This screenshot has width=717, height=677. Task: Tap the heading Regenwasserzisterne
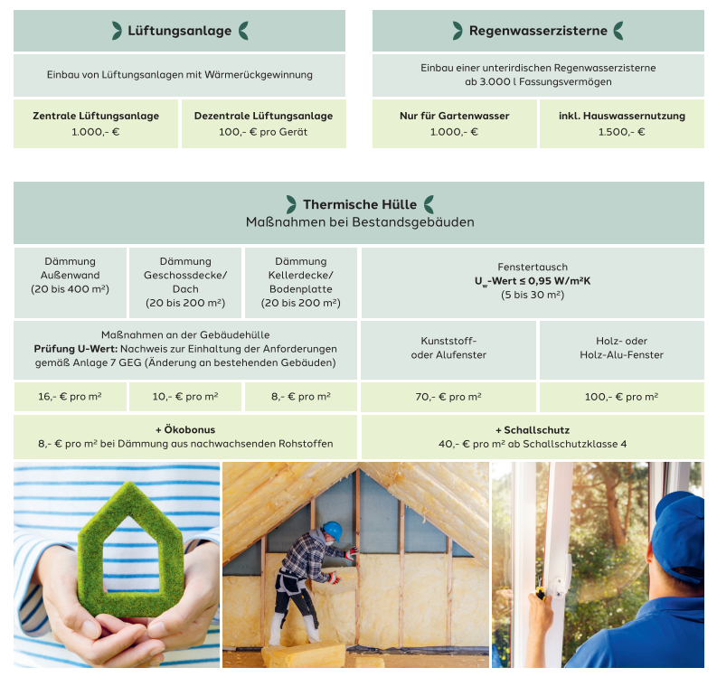click(538, 31)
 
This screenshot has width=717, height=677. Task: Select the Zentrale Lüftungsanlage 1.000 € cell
click(96, 124)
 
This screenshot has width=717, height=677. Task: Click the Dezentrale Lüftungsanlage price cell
click(263, 124)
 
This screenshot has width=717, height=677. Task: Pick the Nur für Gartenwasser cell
click(454, 124)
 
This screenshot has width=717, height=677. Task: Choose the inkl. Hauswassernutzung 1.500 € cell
click(621, 124)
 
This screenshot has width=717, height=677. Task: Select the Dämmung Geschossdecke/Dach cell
click(185, 282)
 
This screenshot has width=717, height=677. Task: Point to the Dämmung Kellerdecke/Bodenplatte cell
click(301, 282)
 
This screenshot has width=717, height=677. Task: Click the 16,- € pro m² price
click(70, 397)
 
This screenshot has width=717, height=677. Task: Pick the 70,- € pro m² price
click(448, 397)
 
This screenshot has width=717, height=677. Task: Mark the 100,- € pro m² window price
click(621, 397)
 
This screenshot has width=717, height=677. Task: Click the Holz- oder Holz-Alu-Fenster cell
click(621, 348)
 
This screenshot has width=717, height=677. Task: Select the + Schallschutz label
click(533, 429)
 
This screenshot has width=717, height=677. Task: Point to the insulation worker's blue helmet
click(333, 529)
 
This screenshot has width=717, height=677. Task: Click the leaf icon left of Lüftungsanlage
click(117, 31)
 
